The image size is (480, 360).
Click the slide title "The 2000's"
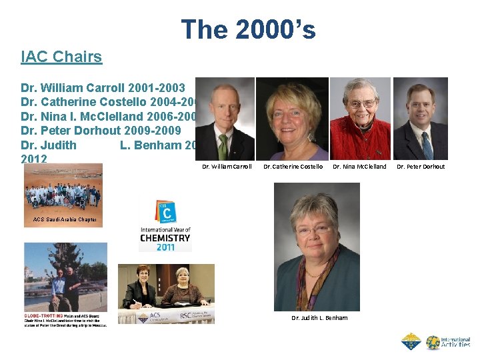248,29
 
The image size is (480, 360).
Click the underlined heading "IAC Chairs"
61,57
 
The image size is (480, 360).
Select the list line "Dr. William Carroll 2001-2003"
107,87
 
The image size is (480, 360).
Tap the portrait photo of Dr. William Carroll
225,119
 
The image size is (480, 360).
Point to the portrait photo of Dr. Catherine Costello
292,119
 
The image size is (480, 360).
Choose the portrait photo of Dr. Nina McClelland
360,119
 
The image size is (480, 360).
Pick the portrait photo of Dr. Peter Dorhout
420,119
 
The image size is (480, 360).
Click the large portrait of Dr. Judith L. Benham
317,247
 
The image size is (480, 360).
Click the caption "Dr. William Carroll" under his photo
227,167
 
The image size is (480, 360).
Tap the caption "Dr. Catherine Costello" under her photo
293,167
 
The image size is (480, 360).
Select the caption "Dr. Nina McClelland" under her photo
359,167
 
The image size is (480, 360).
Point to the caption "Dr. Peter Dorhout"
421,167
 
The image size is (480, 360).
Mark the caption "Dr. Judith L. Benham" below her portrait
319,318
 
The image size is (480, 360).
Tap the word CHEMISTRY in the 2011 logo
165,238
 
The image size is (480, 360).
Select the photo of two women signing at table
166,293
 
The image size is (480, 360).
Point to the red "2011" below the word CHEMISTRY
165,247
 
